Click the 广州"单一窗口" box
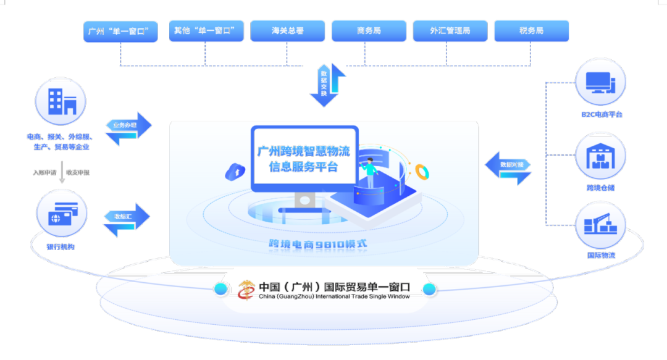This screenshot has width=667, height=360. click(121, 31)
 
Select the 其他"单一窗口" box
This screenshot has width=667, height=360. click(206, 31)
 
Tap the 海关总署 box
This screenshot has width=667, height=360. click(287, 31)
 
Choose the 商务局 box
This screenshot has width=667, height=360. click(369, 31)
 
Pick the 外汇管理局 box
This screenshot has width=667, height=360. click(450, 31)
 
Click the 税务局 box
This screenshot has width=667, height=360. click(531, 31)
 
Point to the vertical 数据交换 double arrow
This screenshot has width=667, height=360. click(327, 85)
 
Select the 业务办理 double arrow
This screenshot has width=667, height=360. click(128, 128)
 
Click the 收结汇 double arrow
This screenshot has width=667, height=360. click(127, 219)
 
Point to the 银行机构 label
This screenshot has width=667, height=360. click(61, 247)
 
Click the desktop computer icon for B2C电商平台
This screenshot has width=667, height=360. click(600, 83)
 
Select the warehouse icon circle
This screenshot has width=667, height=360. click(600, 157)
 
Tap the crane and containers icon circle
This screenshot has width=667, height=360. click(600, 225)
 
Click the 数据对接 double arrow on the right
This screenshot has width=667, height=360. click(508, 167)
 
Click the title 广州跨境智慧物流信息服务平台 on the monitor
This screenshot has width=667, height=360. click(304, 159)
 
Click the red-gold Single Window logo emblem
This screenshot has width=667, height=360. click(247, 289)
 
